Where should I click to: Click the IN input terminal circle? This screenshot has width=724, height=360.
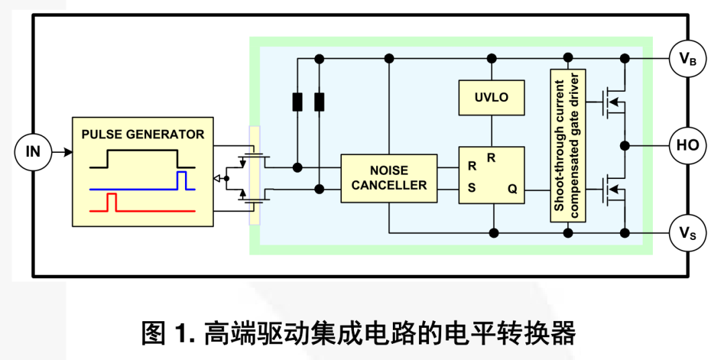tap(33, 152)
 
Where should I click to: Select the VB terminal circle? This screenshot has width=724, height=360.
tap(687, 59)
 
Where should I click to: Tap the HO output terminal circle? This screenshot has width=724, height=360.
tap(687, 145)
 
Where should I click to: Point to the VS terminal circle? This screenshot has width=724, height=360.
tap(687, 233)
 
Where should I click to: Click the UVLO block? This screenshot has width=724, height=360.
tap(491, 97)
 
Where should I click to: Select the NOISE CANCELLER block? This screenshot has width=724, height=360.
tap(389, 178)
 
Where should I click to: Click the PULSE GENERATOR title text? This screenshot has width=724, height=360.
tap(143, 134)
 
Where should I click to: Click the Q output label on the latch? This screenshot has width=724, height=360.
tap(512, 189)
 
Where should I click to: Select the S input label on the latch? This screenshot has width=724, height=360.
tap(471, 188)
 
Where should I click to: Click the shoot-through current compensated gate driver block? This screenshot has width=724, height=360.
tap(568, 145)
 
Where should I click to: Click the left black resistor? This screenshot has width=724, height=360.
tap(298, 102)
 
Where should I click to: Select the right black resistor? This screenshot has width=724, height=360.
tap(320, 102)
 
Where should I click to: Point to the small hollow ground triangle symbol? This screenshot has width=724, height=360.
tap(217, 178)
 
